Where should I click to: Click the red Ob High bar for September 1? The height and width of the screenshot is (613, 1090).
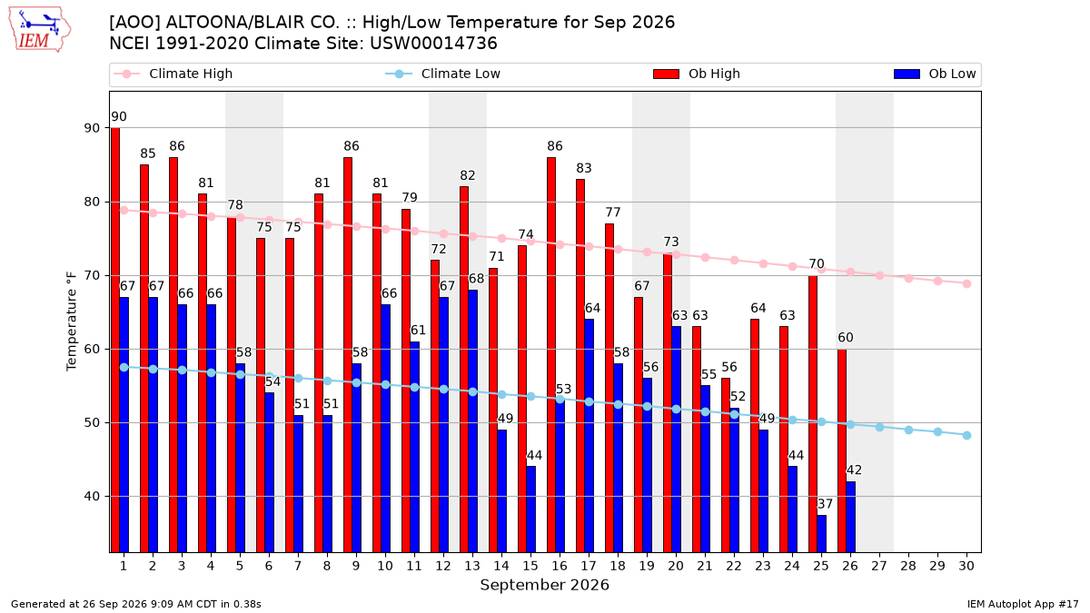115,340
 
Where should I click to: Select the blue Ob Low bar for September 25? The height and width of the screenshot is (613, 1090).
821,534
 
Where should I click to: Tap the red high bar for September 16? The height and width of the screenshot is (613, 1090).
551,355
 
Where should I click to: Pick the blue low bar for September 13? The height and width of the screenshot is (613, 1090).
472,421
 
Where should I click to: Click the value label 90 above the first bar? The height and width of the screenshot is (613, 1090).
119,117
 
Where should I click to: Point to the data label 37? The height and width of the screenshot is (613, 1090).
825,504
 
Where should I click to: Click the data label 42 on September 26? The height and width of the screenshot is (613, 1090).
854,470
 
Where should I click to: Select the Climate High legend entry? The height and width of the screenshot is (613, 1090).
173,74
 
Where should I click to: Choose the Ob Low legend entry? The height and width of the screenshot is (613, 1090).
935,74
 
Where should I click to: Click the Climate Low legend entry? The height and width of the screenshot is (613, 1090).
443,74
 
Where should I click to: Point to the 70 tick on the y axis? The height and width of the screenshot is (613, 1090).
92,276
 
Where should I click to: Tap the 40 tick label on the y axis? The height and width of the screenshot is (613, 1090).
92,497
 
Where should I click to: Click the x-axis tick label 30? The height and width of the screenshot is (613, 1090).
966,566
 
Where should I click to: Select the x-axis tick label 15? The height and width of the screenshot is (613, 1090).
530,566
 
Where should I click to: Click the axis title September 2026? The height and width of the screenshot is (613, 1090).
544,585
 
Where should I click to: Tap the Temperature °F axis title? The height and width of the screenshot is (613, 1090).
72,321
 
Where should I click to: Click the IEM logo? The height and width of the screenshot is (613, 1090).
39,30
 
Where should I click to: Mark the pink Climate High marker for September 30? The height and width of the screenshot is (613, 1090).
966,283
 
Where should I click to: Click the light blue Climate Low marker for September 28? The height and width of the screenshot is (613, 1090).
908,430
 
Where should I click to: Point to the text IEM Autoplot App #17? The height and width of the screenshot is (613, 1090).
1023,604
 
